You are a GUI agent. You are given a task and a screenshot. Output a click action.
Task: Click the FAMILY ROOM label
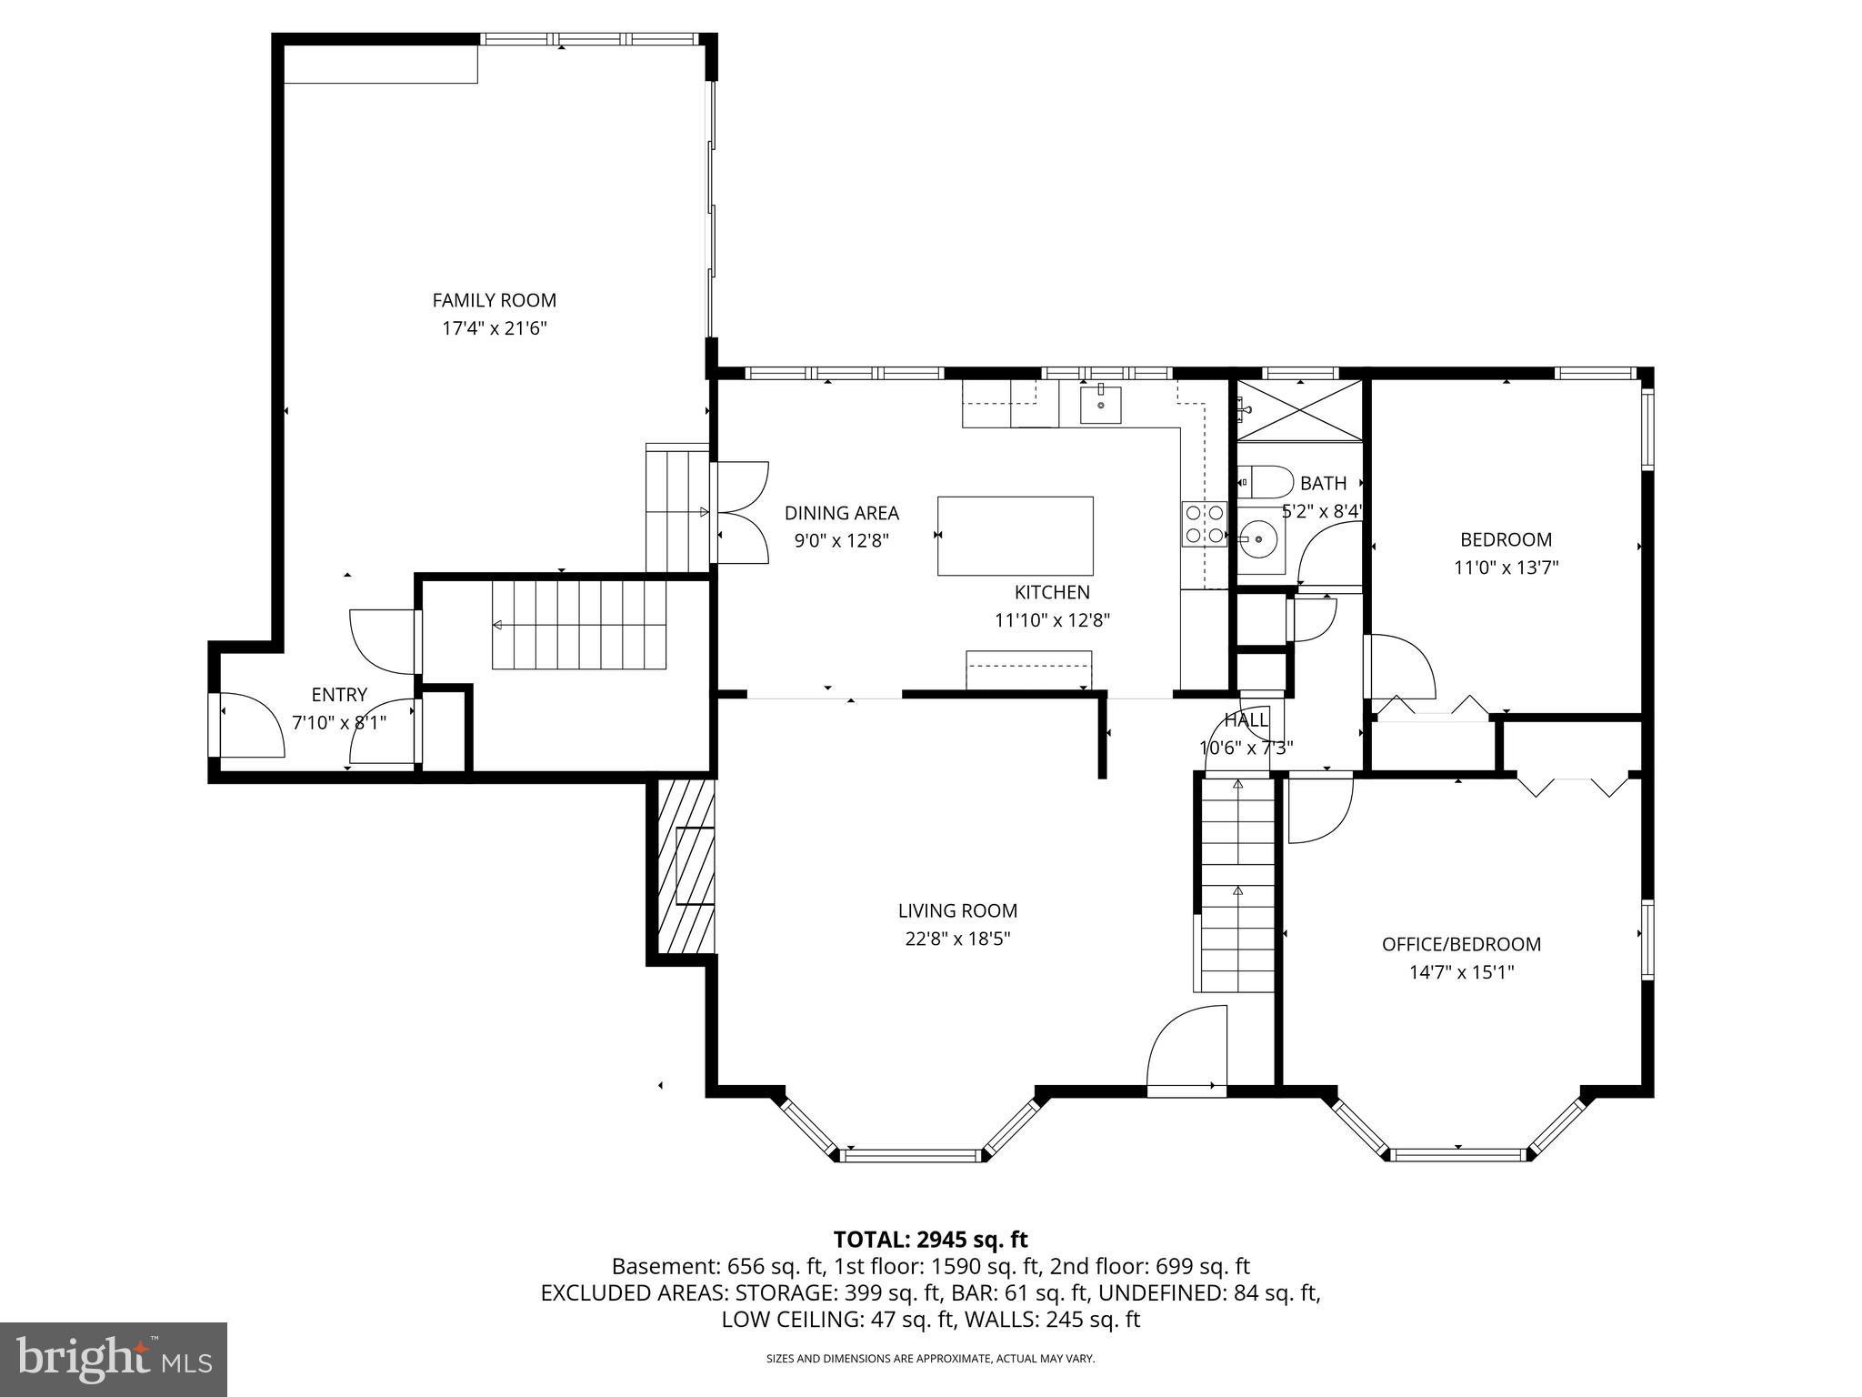click(494, 300)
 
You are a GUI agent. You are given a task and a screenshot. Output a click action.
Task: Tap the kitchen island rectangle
click(1015, 536)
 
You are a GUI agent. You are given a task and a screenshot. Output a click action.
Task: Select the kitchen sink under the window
click(1100, 405)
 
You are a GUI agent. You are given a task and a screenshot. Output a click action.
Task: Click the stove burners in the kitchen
click(1204, 524)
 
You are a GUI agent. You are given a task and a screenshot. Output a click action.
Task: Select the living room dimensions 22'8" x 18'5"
click(957, 939)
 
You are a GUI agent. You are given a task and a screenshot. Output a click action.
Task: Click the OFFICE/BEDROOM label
click(1461, 944)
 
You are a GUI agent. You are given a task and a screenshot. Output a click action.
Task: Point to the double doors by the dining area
click(741, 513)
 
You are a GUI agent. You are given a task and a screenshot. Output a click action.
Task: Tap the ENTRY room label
click(339, 695)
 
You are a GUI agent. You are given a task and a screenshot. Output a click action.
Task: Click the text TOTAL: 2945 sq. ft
click(930, 1239)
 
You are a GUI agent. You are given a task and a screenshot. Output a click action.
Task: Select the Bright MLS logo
click(114, 1359)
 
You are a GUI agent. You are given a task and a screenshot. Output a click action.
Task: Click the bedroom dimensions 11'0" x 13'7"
click(1506, 568)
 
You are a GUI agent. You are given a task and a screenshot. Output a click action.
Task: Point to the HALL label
click(1245, 720)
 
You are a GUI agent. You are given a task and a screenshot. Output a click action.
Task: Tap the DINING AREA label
click(841, 513)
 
